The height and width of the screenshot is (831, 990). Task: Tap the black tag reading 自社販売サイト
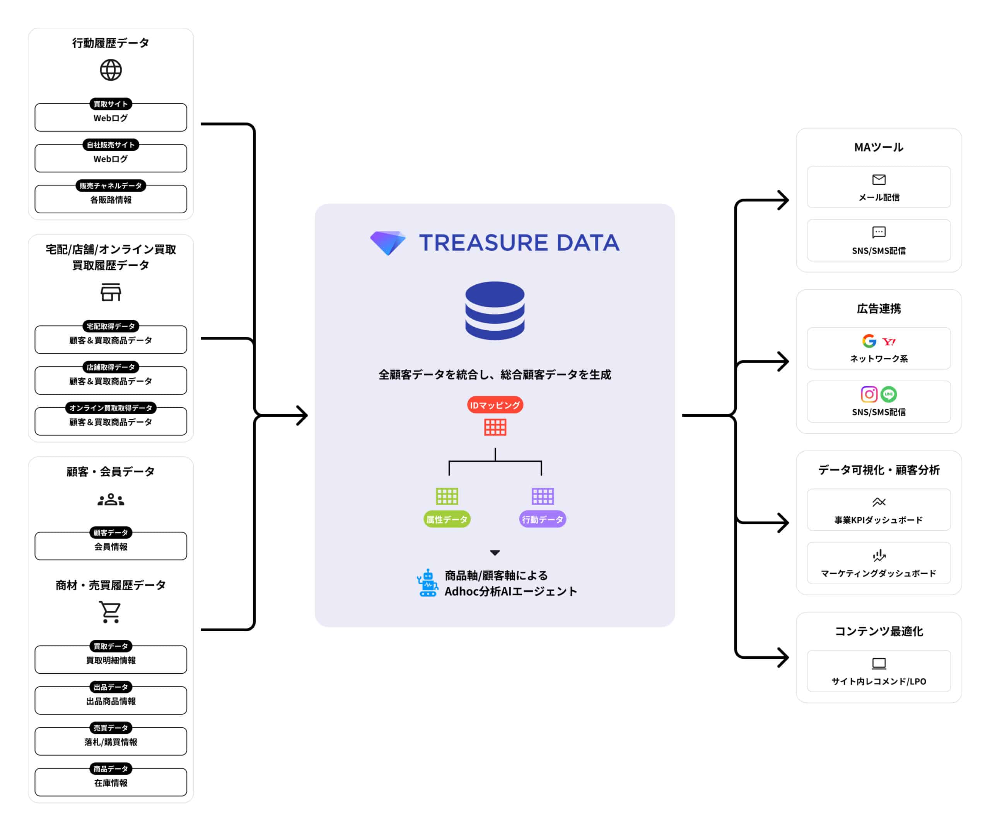click(111, 144)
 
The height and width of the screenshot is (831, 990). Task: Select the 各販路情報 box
click(111, 200)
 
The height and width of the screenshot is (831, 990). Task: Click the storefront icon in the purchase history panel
click(111, 292)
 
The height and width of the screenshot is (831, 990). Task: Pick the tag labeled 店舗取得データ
click(111, 367)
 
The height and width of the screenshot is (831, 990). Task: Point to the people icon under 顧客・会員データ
click(111, 500)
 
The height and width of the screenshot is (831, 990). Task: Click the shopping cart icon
click(110, 612)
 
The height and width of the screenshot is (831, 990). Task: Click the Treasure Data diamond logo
click(387, 243)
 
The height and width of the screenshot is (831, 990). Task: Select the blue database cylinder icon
click(495, 311)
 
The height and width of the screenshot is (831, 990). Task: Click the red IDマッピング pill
click(495, 404)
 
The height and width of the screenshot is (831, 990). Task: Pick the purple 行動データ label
click(543, 519)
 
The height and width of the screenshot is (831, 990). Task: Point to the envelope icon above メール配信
click(879, 180)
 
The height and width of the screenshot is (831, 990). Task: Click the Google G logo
click(869, 341)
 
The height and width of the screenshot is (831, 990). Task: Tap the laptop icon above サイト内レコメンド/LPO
click(879, 663)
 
